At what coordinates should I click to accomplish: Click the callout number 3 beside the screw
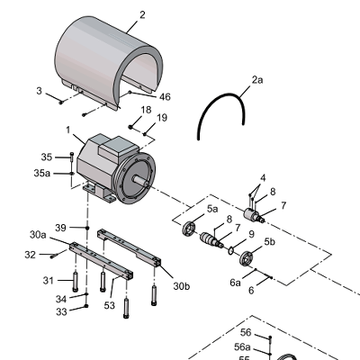click(39, 91)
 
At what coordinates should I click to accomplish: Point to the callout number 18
click(146, 109)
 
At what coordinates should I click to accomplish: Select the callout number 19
click(162, 118)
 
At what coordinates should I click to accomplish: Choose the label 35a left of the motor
click(42, 173)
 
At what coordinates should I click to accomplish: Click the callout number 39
click(61, 227)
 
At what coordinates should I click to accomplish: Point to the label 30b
click(182, 286)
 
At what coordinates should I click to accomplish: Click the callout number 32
click(30, 256)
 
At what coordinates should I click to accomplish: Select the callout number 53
click(110, 307)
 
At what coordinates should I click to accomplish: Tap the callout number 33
click(60, 312)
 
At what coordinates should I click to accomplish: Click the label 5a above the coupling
click(213, 209)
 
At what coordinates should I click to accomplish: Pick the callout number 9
click(252, 235)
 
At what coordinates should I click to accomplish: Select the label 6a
click(235, 283)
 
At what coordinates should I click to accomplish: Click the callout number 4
click(263, 178)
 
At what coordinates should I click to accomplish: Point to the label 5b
click(269, 242)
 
